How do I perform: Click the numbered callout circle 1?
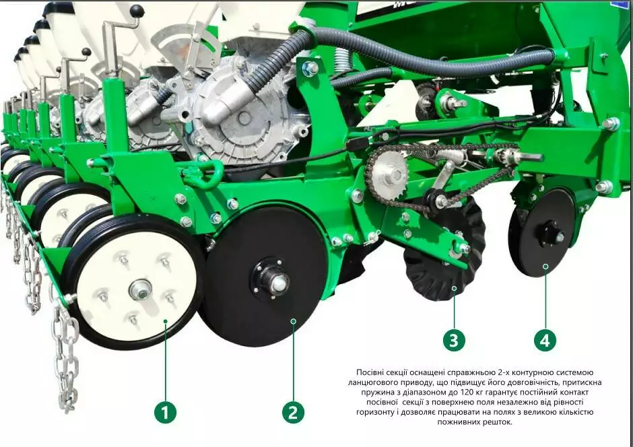tap(165, 412)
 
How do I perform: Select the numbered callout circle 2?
tap(293, 412)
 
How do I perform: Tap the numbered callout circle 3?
tap(454, 340)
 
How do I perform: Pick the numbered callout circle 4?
tap(545, 340)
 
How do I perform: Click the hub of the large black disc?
tap(270, 279)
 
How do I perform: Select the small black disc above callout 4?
tap(542, 232)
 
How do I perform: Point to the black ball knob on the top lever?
tap(137, 11)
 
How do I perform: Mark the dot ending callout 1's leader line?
tap(165, 321)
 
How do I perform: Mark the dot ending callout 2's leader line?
tap(294, 321)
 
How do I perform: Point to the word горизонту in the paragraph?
tap(374, 412)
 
